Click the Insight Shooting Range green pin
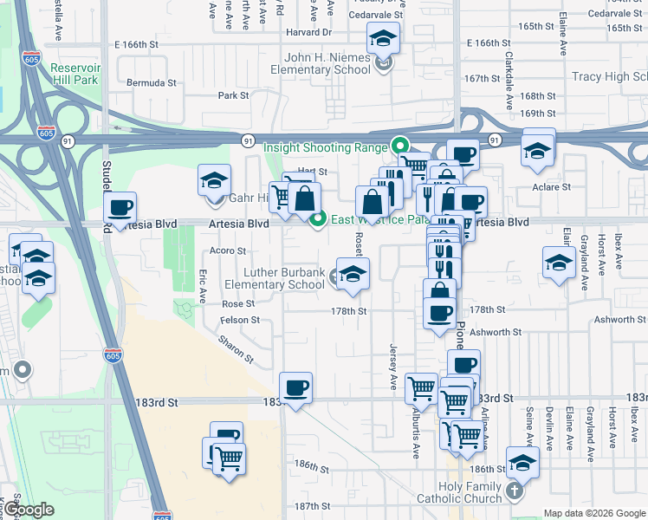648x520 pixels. pyautogui.click(x=399, y=146)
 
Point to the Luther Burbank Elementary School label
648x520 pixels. pyautogui.click(x=275, y=278)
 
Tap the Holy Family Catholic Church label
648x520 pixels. pyautogui.click(x=458, y=492)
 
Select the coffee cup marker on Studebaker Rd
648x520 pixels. pyautogui.click(x=120, y=208)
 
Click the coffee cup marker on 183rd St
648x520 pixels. pyautogui.click(x=295, y=387)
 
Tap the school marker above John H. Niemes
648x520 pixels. pyautogui.click(x=383, y=38)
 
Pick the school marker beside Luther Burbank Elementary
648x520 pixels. pyautogui.click(x=351, y=275)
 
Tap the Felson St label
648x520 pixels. pyautogui.click(x=243, y=320)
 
